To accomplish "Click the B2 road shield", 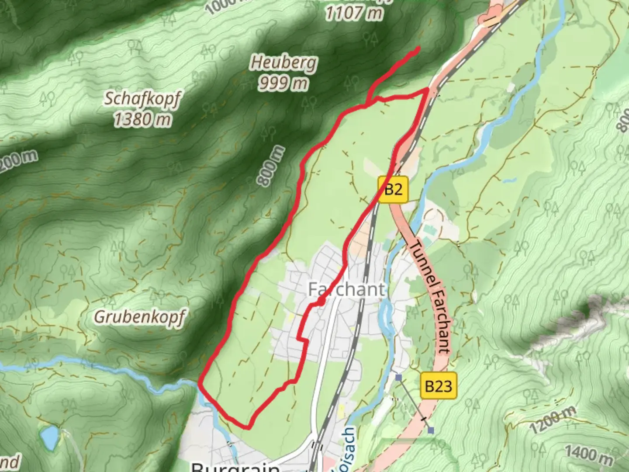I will (393, 189).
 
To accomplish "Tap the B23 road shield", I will (438, 385).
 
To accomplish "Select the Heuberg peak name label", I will (283, 63).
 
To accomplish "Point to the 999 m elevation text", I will (283, 82).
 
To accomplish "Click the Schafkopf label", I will (142, 99).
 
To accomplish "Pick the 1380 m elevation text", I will (142, 118).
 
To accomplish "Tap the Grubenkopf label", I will (139, 317).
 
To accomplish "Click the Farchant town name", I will (347, 289).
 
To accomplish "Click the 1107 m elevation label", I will (353, 14).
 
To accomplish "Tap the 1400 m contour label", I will (588, 455).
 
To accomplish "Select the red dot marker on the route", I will (321, 302).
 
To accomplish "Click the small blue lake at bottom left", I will (49, 437).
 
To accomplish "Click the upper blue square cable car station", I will (398, 377).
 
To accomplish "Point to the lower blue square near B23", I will (431, 430).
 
